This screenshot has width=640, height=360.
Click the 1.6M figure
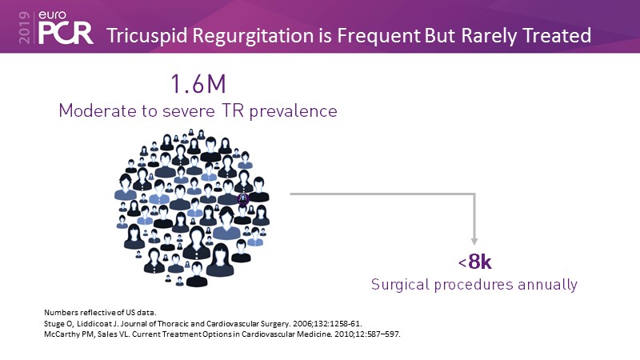(x=198, y=84)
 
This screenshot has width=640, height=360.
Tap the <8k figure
(x=474, y=262)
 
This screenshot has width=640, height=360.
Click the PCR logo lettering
(x=66, y=33)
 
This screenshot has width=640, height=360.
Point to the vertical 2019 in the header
(x=25, y=27)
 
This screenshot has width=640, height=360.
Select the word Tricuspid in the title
(x=148, y=35)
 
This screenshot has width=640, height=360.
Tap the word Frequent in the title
(x=378, y=35)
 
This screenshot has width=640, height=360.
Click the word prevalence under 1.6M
(x=293, y=111)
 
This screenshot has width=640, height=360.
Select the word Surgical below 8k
(x=400, y=285)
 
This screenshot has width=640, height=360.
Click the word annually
(x=547, y=285)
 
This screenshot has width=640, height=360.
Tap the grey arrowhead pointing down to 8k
(x=474, y=242)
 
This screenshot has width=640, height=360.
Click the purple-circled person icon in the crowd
(x=243, y=198)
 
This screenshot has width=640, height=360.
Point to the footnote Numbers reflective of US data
(x=100, y=313)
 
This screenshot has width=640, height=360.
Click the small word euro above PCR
(x=52, y=15)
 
